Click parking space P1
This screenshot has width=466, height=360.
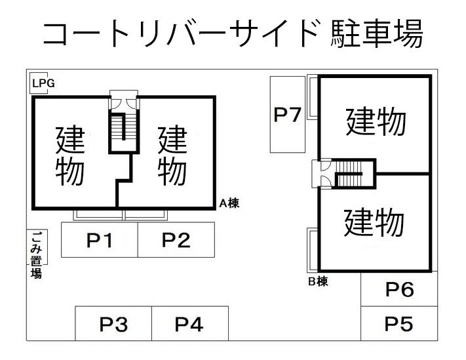pos(99,240)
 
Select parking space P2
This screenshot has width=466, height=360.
pos(176,240)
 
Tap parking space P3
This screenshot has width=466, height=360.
pos(113,324)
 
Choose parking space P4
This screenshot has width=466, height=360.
pos(189,324)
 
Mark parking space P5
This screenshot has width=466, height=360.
pos(398,323)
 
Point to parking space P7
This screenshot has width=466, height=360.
pos(287,115)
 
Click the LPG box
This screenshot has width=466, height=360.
pos(43,83)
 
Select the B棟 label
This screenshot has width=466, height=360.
pos(318,282)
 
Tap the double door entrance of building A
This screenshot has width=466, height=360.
pos(123,102)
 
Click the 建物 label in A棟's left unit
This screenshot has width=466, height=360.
pos(69,155)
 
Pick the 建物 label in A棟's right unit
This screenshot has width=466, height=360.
pos(172,155)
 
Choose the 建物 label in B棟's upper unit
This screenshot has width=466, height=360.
pos(376,121)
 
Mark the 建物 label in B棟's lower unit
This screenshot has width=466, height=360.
pos(374,222)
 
